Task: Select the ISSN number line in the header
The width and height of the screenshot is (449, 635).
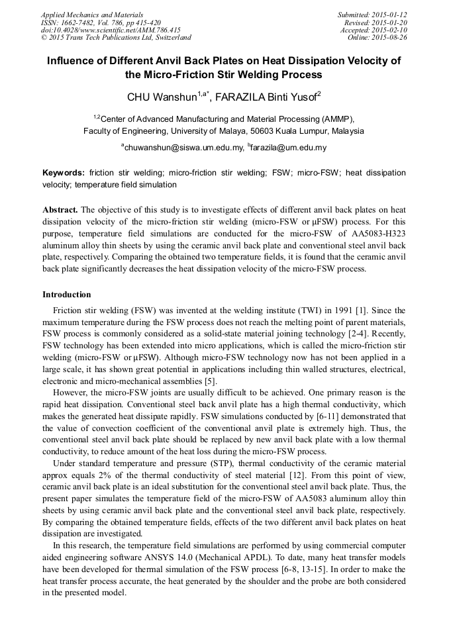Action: (x=101, y=22)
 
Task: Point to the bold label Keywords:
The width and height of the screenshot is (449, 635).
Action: (x=64, y=172)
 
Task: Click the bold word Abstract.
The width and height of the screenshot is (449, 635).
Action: (x=60, y=209)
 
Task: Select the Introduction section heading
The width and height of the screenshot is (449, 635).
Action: (x=67, y=294)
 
